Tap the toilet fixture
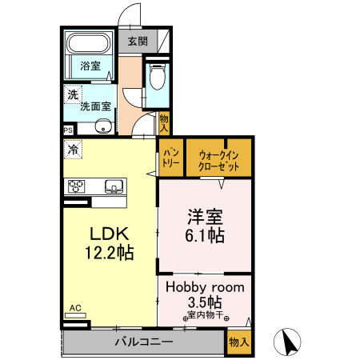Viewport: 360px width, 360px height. [x=157, y=78]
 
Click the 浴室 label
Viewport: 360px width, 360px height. [x=90, y=66]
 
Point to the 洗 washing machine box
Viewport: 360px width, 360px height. [x=73, y=94]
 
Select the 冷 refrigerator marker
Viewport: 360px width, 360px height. [x=74, y=148]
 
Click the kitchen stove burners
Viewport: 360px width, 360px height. [x=78, y=186]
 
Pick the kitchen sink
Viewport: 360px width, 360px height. [x=114, y=186]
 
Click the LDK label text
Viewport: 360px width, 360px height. [x=109, y=234]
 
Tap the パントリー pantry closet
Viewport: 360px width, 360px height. [x=171, y=156]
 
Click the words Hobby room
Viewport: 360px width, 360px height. [x=205, y=286]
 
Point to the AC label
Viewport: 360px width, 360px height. [x=75, y=307]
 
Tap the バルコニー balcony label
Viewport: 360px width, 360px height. [x=144, y=342]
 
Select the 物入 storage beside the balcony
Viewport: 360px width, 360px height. [x=238, y=341]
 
